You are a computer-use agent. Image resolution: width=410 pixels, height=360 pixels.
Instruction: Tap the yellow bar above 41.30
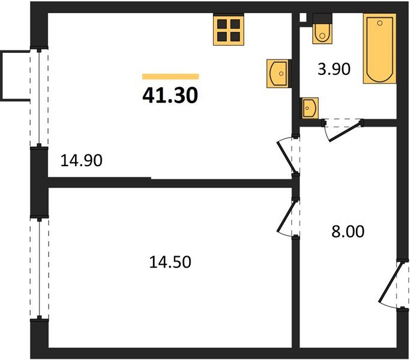click(170, 76)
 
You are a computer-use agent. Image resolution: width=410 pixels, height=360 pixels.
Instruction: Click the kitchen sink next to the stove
click(278, 73)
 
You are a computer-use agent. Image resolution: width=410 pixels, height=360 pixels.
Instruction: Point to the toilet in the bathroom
click(323, 32)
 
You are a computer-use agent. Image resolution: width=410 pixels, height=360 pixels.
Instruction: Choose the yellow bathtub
click(379, 50)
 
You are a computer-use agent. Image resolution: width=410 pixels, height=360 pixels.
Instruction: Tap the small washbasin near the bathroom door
click(309, 109)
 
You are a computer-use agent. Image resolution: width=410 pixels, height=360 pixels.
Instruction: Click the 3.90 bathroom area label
click(333, 70)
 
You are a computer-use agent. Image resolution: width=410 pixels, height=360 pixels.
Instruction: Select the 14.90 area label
click(82, 160)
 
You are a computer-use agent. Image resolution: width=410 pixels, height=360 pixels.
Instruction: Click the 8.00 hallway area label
click(348, 231)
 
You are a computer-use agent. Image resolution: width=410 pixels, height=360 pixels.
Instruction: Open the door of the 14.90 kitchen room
click(288, 156)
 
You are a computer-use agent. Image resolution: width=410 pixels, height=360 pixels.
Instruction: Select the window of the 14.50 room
click(39, 268)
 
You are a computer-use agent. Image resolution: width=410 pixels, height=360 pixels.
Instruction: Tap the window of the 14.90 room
click(39, 98)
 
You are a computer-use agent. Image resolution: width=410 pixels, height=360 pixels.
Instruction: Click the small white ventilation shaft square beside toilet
click(303, 18)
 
